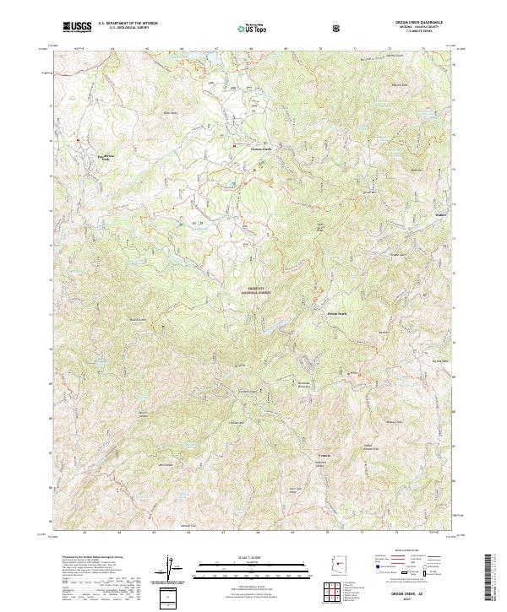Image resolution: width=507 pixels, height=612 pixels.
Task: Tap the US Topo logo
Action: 246,28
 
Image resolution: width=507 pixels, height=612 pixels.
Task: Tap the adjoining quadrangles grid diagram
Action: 336,595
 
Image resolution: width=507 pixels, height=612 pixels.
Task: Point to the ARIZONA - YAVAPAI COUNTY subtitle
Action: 420,29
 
